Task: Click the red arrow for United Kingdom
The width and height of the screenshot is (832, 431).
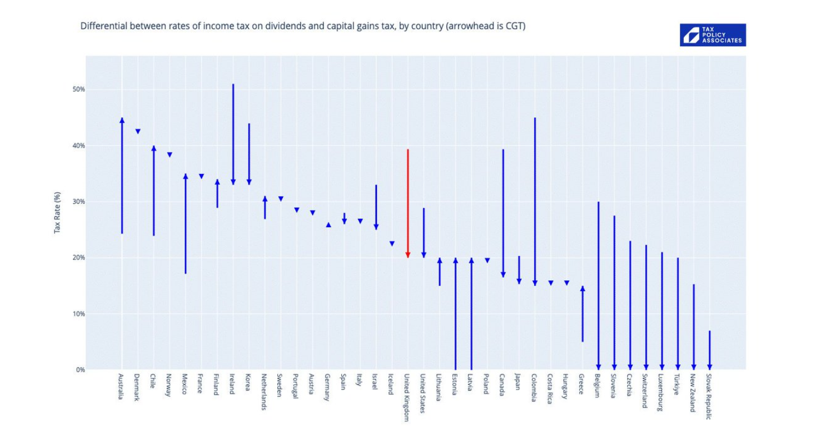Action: click(408, 202)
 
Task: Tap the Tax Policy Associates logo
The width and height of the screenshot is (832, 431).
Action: click(712, 35)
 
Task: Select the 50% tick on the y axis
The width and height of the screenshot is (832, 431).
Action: click(77, 90)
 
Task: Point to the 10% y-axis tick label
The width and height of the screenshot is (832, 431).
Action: click(77, 314)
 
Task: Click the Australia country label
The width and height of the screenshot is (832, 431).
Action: click(121, 387)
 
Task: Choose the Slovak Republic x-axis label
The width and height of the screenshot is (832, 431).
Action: click(709, 397)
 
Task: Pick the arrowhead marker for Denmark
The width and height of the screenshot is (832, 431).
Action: click(138, 131)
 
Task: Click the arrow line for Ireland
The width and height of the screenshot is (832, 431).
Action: click(233, 135)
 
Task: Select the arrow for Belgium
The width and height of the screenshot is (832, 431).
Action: click(598, 286)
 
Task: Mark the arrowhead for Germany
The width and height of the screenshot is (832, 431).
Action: click(328, 224)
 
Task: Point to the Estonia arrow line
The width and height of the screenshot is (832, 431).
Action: click(455, 314)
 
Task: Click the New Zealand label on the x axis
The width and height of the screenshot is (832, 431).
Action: click(693, 393)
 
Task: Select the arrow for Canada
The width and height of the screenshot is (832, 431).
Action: click(503, 213)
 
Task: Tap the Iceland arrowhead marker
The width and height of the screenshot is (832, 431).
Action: click(392, 244)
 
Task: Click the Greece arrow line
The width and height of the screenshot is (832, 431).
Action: click(583, 314)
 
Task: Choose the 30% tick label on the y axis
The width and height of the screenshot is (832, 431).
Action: click(77, 202)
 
